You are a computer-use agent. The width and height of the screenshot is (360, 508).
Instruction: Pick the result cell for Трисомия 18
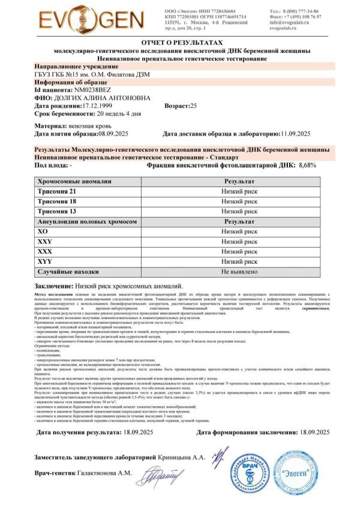pos(239,201)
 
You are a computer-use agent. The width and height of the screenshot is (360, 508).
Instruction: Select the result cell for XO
pos(239,231)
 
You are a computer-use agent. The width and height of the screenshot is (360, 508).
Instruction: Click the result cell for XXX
pos(239,251)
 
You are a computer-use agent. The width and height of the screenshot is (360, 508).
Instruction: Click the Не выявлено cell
pos(239,272)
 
